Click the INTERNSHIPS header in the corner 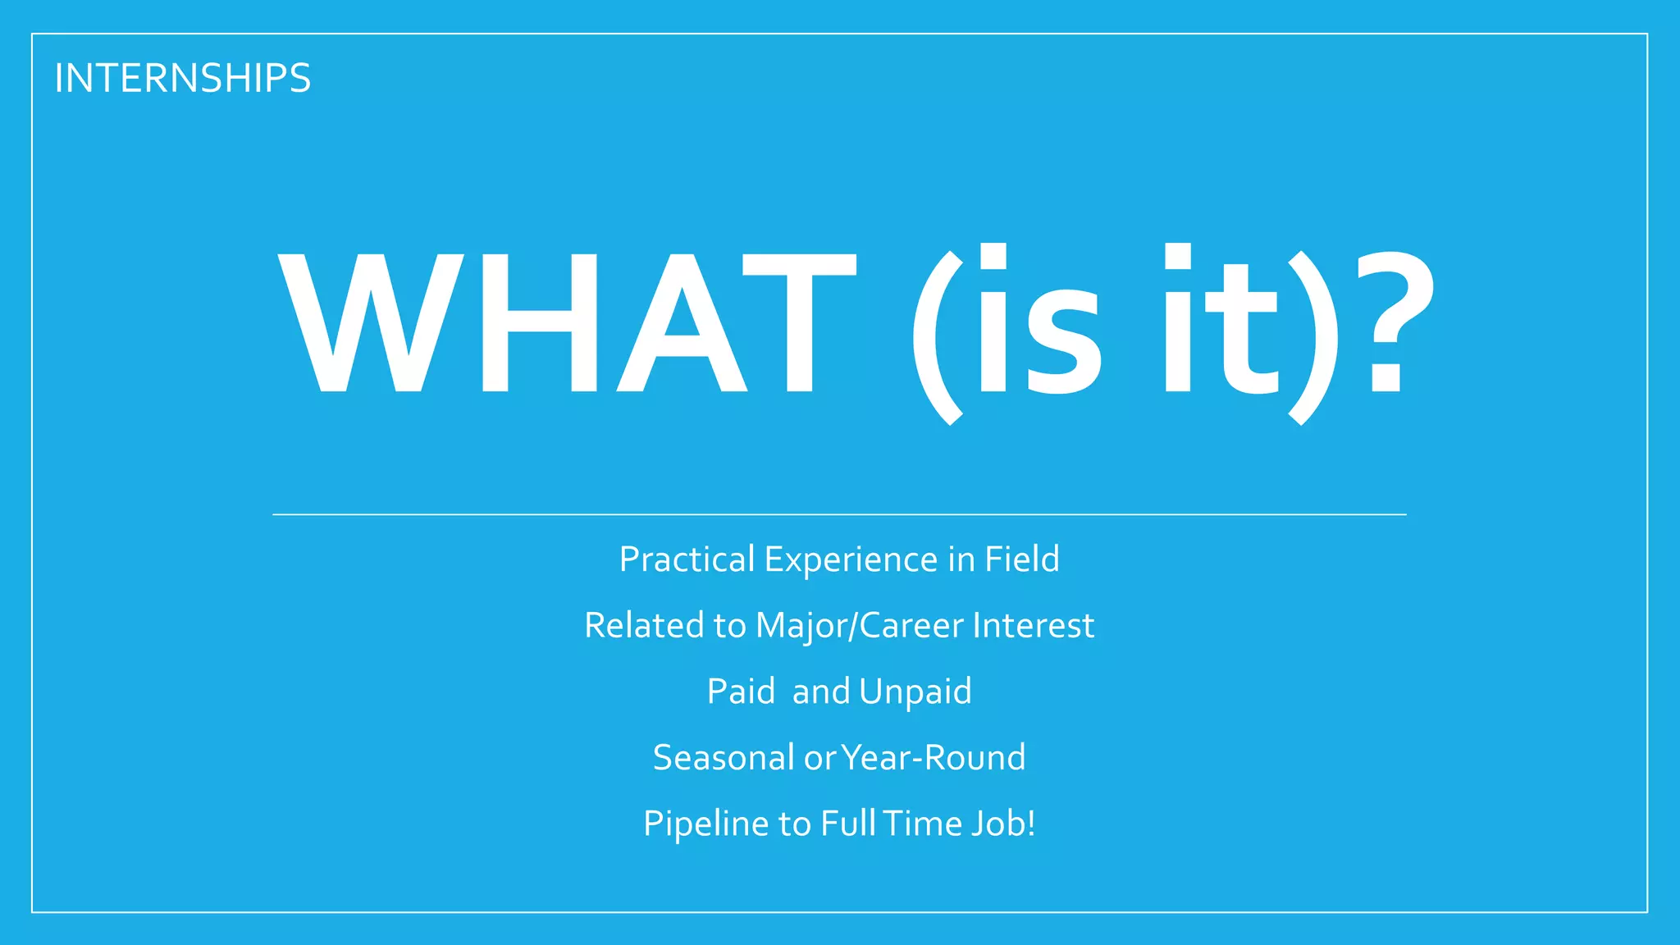[182, 79]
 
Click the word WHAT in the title [566, 324]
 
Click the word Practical [687, 560]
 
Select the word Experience [851, 560]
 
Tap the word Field [1022, 559]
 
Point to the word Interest [1033, 626]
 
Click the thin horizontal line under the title [839, 514]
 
